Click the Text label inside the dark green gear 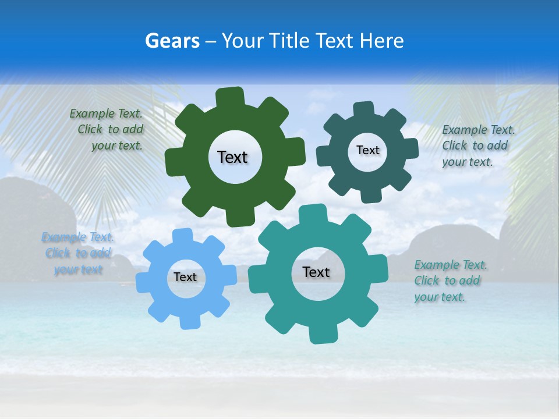232,157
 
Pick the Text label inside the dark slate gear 367,150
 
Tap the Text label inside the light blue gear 185,278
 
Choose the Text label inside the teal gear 316,272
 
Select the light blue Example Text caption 77,253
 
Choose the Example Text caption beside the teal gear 448,280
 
